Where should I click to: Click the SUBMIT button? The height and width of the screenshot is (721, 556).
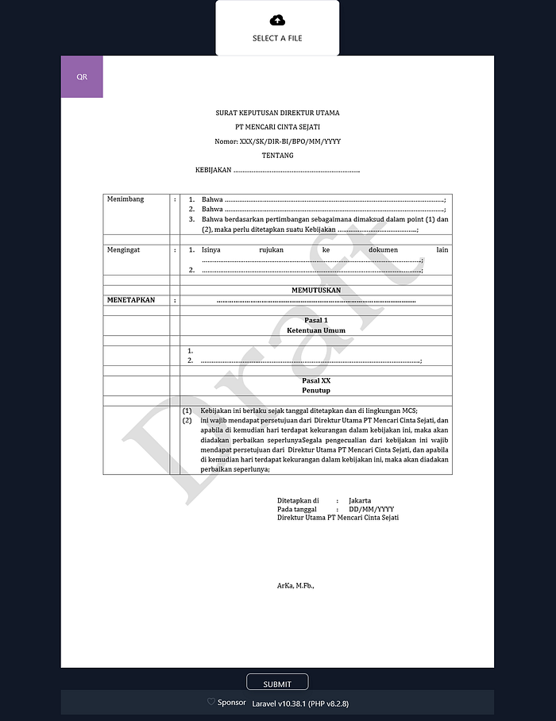coord(277,684)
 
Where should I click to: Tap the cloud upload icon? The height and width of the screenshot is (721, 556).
coord(277,20)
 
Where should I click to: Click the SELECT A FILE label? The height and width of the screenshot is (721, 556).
coord(277,38)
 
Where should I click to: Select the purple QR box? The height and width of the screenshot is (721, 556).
coord(82,77)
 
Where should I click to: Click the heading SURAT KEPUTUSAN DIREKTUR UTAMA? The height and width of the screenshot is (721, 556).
coord(277,114)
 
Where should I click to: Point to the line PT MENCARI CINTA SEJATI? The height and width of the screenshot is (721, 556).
coord(277,127)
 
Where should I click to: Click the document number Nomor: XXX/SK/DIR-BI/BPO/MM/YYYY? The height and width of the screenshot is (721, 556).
coord(277,141)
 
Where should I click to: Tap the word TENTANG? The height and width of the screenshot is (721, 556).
coord(277,156)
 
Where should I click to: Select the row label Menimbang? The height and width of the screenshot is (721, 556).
coord(125,199)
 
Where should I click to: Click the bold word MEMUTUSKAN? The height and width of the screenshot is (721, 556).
coord(316,291)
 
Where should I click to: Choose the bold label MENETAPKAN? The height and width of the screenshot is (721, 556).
coord(131,301)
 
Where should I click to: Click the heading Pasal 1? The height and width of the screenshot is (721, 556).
coord(316,320)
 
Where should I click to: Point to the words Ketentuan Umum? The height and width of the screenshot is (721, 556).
coord(316,330)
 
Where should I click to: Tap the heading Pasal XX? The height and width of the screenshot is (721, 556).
coord(316,381)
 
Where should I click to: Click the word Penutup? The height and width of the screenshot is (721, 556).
coord(316,391)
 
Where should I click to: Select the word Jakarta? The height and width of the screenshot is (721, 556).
coord(360,501)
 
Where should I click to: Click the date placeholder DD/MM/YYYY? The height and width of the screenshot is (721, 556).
coord(371,509)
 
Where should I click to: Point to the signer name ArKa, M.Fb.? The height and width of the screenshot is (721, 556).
coord(295,585)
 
